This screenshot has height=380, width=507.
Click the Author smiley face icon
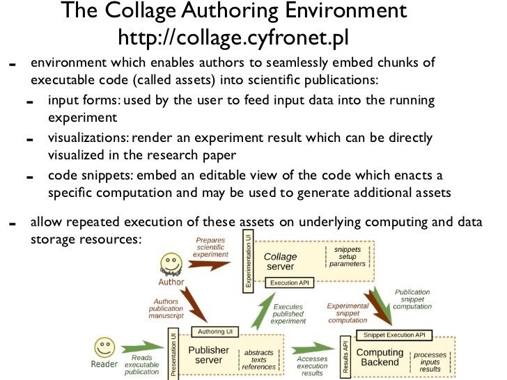coord(171,264)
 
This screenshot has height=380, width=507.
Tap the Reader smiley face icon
coord(104,348)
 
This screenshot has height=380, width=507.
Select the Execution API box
coord(290,283)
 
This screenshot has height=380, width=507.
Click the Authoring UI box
coord(215,331)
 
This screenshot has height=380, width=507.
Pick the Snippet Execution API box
coord(394,335)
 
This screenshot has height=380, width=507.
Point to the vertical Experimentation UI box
coord(248,261)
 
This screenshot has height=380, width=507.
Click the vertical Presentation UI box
coord(173,354)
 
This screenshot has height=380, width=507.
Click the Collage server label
coord(281,262)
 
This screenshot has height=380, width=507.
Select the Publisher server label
coord(208,355)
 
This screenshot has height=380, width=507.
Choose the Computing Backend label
coord(380,357)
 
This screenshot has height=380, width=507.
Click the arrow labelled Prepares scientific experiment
coord(209,264)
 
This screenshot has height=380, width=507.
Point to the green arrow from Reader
coord(143,347)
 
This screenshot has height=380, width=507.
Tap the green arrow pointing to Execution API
coord(263,311)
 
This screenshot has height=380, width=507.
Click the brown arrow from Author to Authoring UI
coord(194,304)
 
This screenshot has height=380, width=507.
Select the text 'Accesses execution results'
coord(312,366)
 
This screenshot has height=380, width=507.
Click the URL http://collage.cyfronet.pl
coord(233,38)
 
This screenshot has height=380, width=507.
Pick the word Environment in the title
coord(345,10)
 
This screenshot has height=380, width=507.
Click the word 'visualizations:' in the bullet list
coord(88,138)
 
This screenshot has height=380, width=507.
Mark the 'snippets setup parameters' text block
coord(348,257)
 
